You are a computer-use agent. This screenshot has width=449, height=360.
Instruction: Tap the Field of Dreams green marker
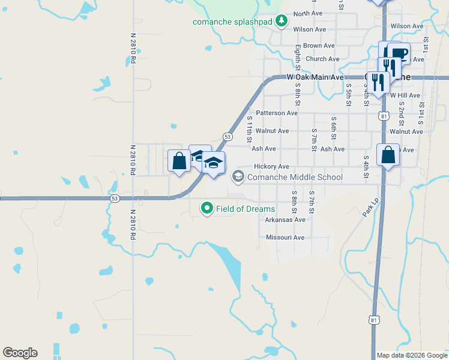point(207,209)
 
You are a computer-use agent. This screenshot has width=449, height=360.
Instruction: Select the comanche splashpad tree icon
point(282,22)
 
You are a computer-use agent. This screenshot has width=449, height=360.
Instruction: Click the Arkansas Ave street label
point(285,220)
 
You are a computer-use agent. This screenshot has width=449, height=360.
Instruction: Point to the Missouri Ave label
point(285,238)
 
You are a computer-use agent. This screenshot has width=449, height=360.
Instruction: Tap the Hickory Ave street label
point(271,166)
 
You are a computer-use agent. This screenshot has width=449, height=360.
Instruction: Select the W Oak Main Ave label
point(315,77)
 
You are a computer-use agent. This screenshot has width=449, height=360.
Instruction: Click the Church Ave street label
point(322,59)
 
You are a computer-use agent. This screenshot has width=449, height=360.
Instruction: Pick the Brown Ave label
point(319,46)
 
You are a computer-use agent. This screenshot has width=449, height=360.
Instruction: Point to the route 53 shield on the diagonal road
point(228,137)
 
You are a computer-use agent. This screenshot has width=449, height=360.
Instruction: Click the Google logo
point(20,353)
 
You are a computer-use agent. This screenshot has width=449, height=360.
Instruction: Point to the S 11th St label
point(250,130)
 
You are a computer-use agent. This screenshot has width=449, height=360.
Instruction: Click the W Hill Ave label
point(405,95)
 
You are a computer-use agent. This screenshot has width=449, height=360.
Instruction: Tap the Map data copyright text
point(412,355)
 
